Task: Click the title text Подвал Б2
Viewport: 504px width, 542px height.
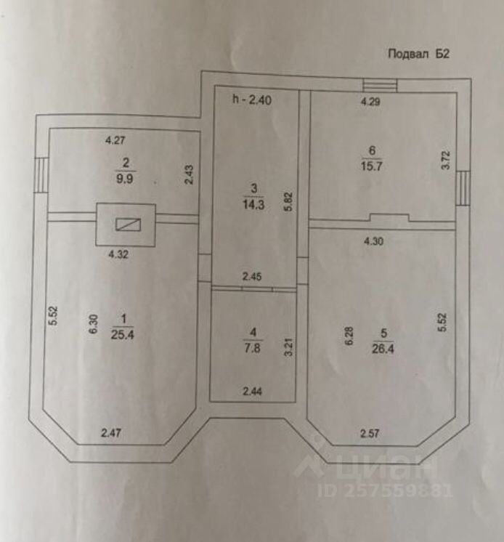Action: (x=420, y=53)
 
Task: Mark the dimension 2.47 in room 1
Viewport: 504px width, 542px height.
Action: (x=111, y=433)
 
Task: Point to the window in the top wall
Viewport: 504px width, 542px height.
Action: (x=381, y=85)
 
